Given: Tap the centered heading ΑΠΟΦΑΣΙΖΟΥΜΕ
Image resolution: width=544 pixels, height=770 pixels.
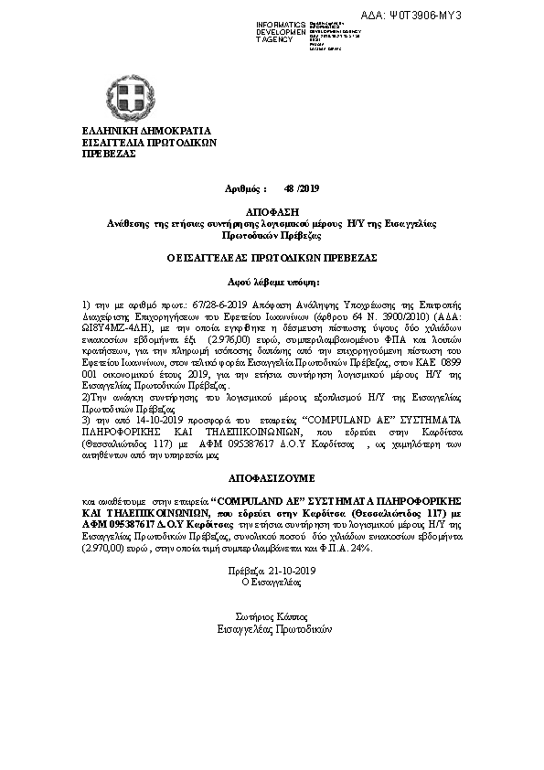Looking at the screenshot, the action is pos(272,477).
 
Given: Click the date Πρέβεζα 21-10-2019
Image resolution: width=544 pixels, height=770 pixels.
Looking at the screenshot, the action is pos(272,571).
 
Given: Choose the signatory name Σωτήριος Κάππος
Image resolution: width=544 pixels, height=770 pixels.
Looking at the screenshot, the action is pos(272,617).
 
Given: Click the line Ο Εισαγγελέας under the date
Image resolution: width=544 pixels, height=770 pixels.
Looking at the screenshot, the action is pos(272,582).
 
